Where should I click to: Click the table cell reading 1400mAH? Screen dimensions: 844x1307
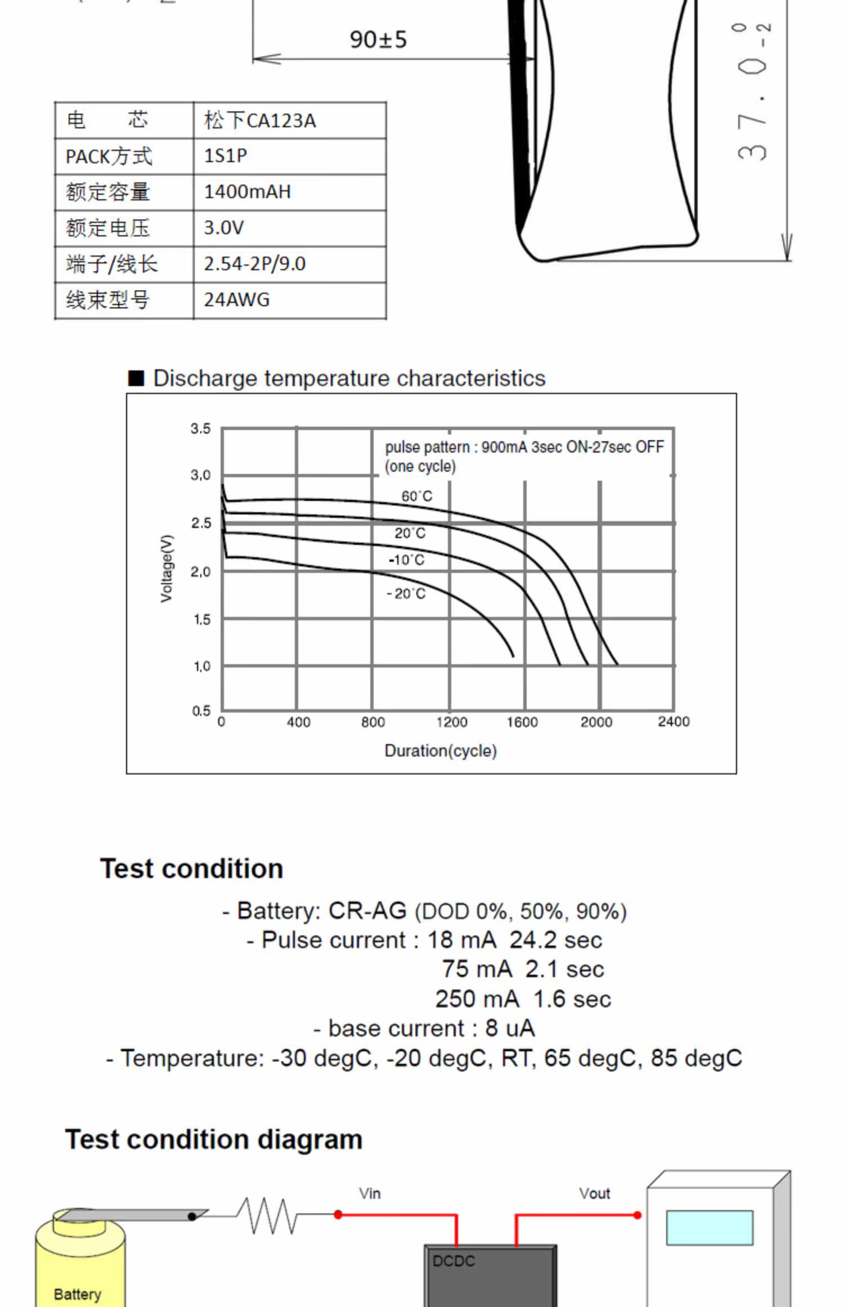(x=290, y=193)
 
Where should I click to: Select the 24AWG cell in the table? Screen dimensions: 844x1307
(x=290, y=300)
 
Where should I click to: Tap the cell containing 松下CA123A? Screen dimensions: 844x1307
(x=290, y=120)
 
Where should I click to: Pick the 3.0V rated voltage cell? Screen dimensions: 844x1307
(x=290, y=228)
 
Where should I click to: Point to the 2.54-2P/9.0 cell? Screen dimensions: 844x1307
(x=290, y=264)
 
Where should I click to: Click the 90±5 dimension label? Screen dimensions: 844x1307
(x=378, y=39)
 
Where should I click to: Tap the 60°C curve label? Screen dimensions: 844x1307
(x=417, y=496)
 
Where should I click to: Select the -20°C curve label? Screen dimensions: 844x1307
(x=406, y=593)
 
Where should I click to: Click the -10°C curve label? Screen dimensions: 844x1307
(x=406, y=559)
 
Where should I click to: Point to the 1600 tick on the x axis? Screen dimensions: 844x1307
(x=522, y=722)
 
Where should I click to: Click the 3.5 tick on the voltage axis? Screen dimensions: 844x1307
(x=200, y=428)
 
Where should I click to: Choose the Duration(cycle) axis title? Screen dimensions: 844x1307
(x=441, y=750)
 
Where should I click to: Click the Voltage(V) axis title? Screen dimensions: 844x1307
(x=166, y=569)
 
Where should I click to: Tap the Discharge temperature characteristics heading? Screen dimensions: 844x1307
(x=349, y=378)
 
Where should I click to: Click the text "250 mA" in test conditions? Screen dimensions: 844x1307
(x=477, y=999)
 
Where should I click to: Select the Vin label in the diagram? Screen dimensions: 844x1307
(x=370, y=1193)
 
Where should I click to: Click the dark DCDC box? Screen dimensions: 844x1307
(x=490, y=1276)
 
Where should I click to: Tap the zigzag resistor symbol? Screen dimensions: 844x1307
(x=267, y=1216)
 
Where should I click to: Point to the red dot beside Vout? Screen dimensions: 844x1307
(x=638, y=1215)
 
